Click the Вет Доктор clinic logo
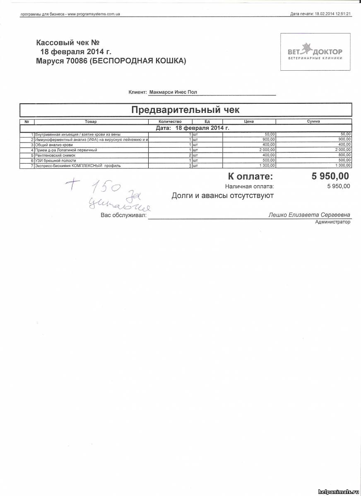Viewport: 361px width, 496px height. pyautogui.click(x=315, y=52)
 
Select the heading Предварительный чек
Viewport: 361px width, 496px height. pyautogui.click(x=185, y=110)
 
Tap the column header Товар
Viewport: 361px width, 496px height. pyautogui.click(x=91, y=122)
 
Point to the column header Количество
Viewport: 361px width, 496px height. pyautogui.click(x=170, y=122)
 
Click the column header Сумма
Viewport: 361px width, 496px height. pyautogui.click(x=313, y=122)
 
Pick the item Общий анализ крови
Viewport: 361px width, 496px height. pyautogui.click(x=54, y=145)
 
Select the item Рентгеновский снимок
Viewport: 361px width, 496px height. pyautogui.click(x=55, y=155)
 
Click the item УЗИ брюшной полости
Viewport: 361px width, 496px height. pyautogui.click(x=56, y=160)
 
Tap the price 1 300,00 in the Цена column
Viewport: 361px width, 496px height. pyautogui.click(x=267, y=166)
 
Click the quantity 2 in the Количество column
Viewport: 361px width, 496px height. pyautogui.click(x=190, y=155)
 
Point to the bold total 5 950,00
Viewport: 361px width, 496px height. pyautogui.click(x=330, y=176)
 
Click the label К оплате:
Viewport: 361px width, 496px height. pyautogui.click(x=250, y=177)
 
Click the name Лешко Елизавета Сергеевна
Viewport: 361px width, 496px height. pyautogui.click(x=309, y=215)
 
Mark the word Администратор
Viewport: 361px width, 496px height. pyautogui.click(x=332, y=222)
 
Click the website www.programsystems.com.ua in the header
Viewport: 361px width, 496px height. pyautogui.click(x=94, y=14)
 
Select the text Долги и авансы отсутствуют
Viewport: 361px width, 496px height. pyautogui.click(x=222, y=196)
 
